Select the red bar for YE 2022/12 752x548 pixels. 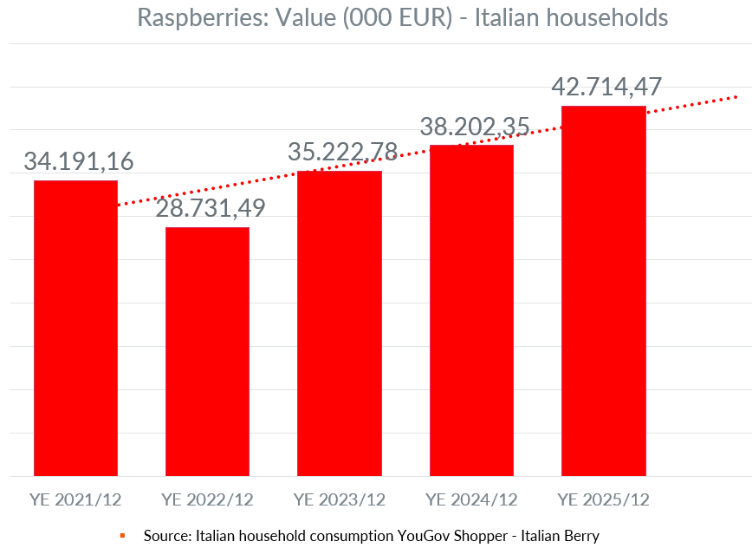click(207, 351)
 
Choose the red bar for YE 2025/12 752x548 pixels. click(604, 290)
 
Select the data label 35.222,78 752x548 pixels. click(342, 152)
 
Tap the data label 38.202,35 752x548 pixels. click(475, 127)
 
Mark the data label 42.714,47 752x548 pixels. click(606, 88)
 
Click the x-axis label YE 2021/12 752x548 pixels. click(75, 499)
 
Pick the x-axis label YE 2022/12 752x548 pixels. click(207, 499)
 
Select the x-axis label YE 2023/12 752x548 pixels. click(340, 499)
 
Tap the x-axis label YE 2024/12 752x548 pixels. click(471, 499)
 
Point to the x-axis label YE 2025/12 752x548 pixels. click(604, 499)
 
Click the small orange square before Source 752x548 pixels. click(123, 536)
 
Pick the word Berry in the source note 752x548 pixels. click(580, 536)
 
